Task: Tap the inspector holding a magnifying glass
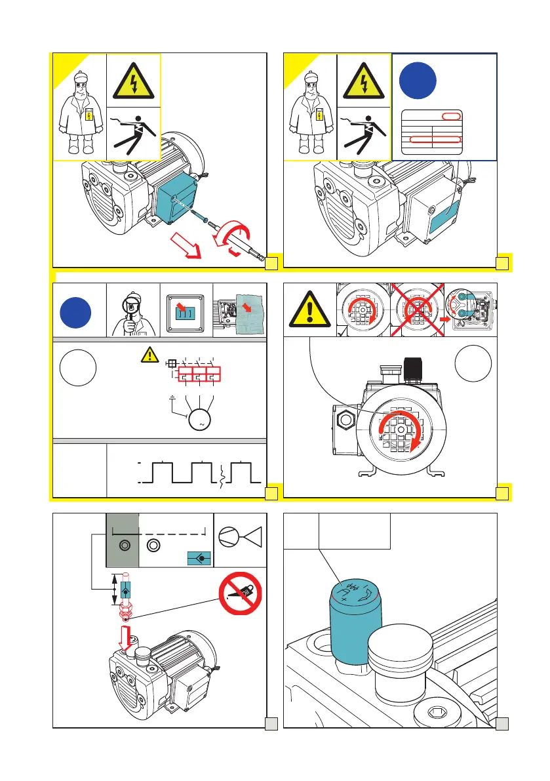(134, 311)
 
